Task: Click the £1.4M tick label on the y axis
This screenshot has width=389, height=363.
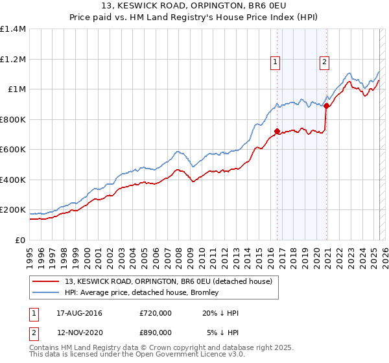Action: coord(13,29)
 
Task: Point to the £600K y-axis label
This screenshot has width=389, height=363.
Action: coord(13,150)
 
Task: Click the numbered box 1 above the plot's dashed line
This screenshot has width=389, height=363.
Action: coord(276,62)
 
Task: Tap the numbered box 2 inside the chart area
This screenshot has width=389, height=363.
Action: coord(324,62)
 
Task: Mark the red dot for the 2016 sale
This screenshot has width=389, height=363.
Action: coord(277,132)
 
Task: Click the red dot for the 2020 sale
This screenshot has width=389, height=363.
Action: coord(327,106)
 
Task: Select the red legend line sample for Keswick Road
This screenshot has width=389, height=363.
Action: coord(45,282)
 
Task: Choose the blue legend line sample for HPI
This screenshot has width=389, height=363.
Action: coord(45,292)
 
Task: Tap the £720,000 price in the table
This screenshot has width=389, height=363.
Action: coord(155,313)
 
